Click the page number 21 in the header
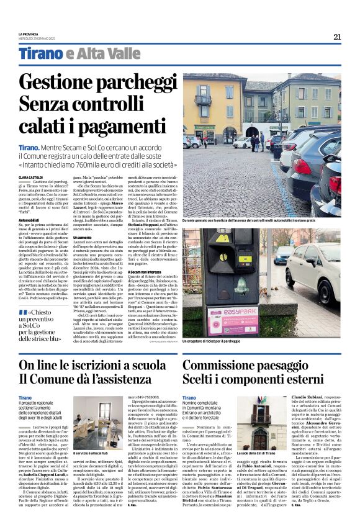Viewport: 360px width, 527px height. (336, 37)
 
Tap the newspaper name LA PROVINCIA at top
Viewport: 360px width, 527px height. (29, 34)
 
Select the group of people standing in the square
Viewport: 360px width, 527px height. (256, 142)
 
